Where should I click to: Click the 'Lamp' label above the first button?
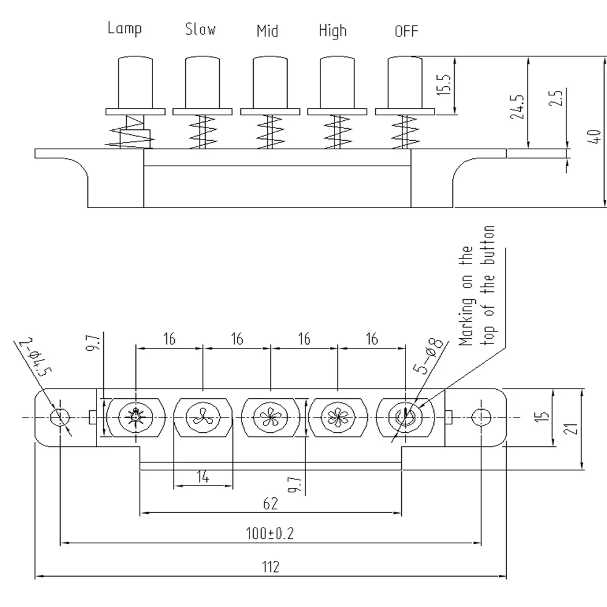click(124, 29)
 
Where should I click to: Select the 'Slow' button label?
click(200, 29)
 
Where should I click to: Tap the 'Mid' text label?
click(267, 30)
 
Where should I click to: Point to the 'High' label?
click(333, 31)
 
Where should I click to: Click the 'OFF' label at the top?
click(406, 31)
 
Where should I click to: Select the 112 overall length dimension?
click(271, 567)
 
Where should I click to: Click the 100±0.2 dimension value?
click(271, 534)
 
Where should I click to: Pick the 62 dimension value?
click(271, 503)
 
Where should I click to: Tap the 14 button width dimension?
click(203, 478)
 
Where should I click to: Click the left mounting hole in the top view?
click(59, 418)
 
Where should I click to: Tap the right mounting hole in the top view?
click(481, 418)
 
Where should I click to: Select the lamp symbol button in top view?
click(134, 418)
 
